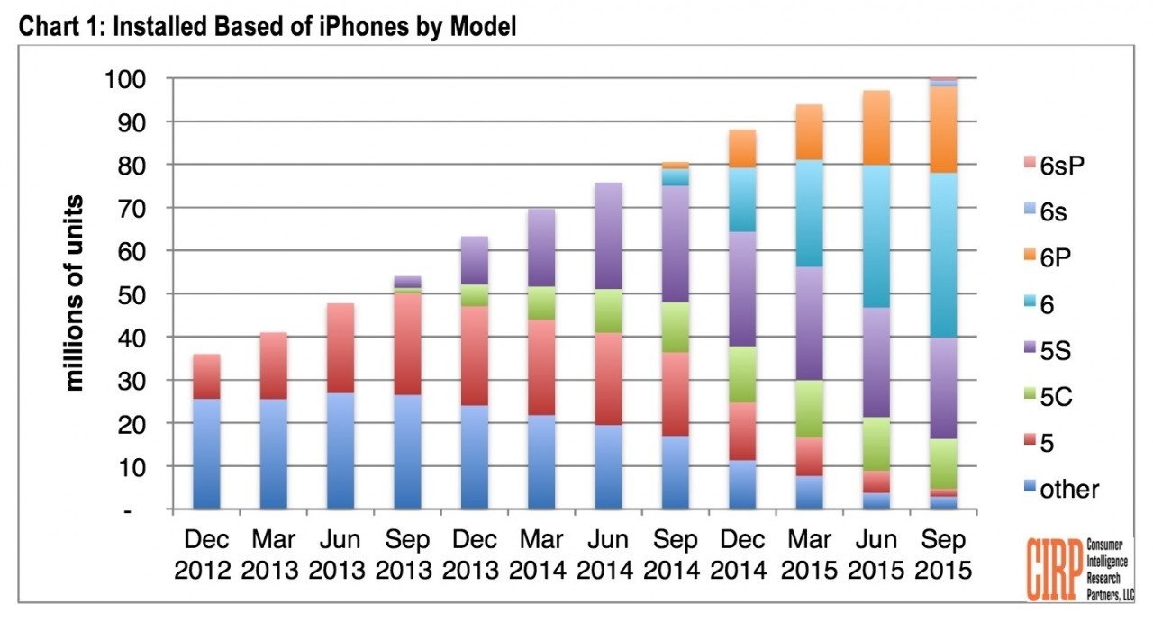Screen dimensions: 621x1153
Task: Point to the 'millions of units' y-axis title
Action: [76, 292]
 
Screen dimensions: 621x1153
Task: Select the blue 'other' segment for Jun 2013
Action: [328, 450]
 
